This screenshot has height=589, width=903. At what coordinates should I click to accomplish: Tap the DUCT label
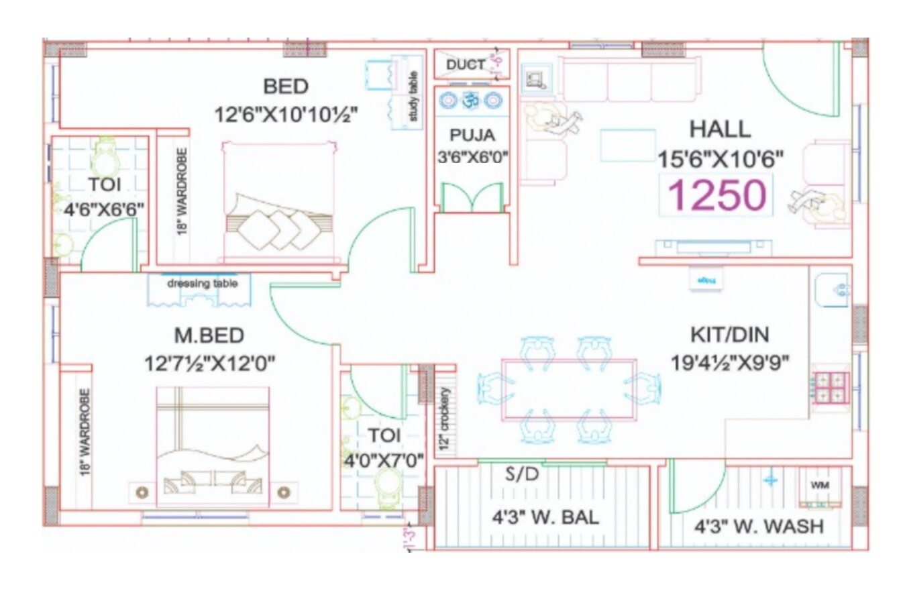point(465,64)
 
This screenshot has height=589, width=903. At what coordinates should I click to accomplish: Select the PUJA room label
point(472,135)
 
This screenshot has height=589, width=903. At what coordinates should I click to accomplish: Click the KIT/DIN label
point(730,334)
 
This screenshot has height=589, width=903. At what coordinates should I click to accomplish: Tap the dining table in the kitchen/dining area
point(568,390)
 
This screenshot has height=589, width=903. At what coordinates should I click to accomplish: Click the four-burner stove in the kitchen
point(830,387)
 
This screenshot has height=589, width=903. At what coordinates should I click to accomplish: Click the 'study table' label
point(413,97)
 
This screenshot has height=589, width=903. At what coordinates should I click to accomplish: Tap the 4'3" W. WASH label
point(758,526)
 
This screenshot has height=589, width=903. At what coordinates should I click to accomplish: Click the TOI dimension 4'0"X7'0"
point(384,462)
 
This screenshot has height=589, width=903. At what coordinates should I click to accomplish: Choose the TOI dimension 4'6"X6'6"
point(104,209)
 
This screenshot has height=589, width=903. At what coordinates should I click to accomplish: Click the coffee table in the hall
point(627,145)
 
